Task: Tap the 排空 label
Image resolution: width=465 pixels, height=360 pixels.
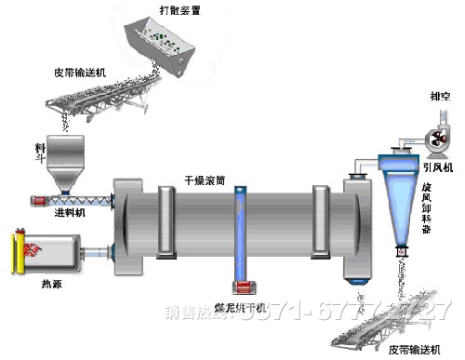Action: [x=440, y=95]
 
